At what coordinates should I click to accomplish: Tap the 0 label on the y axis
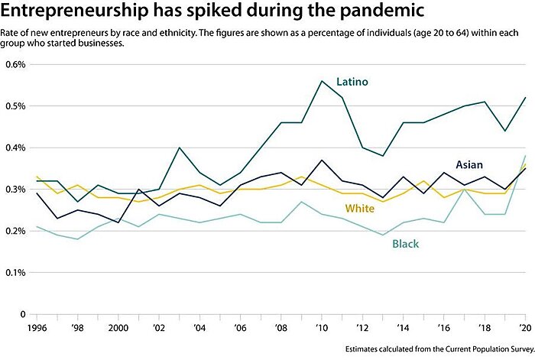point(22,313)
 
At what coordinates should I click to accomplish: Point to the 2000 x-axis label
point(118,326)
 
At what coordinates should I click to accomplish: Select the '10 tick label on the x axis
point(322,326)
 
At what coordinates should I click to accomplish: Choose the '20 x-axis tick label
point(524,326)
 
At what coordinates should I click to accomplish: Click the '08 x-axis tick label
point(281,326)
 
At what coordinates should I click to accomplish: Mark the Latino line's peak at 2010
point(322,81)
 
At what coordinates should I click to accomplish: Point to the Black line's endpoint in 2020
point(525,156)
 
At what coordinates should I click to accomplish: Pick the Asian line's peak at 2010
point(322,161)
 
